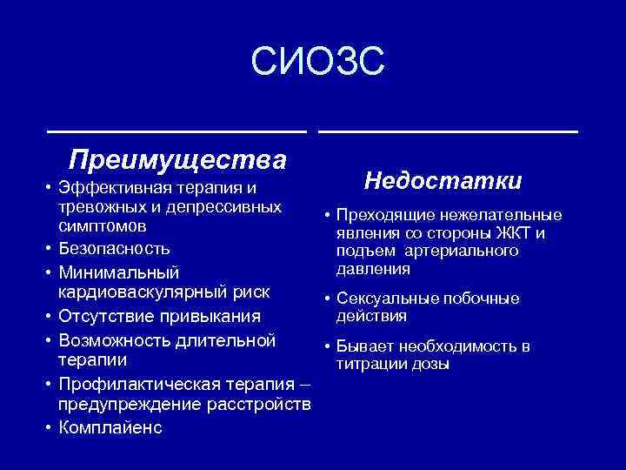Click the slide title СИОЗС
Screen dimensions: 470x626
[316, 64]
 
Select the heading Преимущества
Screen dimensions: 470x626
[178, 160]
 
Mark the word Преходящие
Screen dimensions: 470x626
[376, 215]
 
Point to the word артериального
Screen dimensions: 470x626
[469, 252]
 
